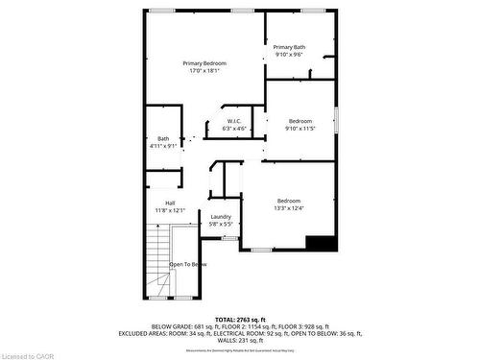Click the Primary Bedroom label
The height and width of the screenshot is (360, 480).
point(204,63)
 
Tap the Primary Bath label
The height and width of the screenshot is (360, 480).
point(289,47)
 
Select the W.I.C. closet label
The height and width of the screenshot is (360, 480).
point(234,121)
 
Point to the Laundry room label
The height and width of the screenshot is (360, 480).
point(221,217)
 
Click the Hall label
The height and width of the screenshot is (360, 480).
point(170,204)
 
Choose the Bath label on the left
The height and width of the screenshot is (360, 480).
point(163,139)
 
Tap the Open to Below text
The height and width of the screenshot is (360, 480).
point(188,264)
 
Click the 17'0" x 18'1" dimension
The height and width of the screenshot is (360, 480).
point(204,71)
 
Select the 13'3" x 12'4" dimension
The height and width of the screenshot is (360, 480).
point(288,208)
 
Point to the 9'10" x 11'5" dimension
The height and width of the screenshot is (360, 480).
point(300,128)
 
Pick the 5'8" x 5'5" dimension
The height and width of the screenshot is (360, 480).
point(221,225)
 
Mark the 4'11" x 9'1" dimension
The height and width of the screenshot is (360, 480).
point(163,147)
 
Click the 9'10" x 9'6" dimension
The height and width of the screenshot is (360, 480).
point(289,55)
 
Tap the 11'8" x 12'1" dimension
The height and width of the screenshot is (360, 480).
point(170,210)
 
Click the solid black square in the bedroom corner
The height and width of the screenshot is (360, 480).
point(326,243)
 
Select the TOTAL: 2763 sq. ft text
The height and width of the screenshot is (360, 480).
point(240,319)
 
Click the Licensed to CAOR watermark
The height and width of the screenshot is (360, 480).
point(28,354)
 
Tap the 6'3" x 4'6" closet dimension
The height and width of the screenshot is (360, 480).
point(234,129)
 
